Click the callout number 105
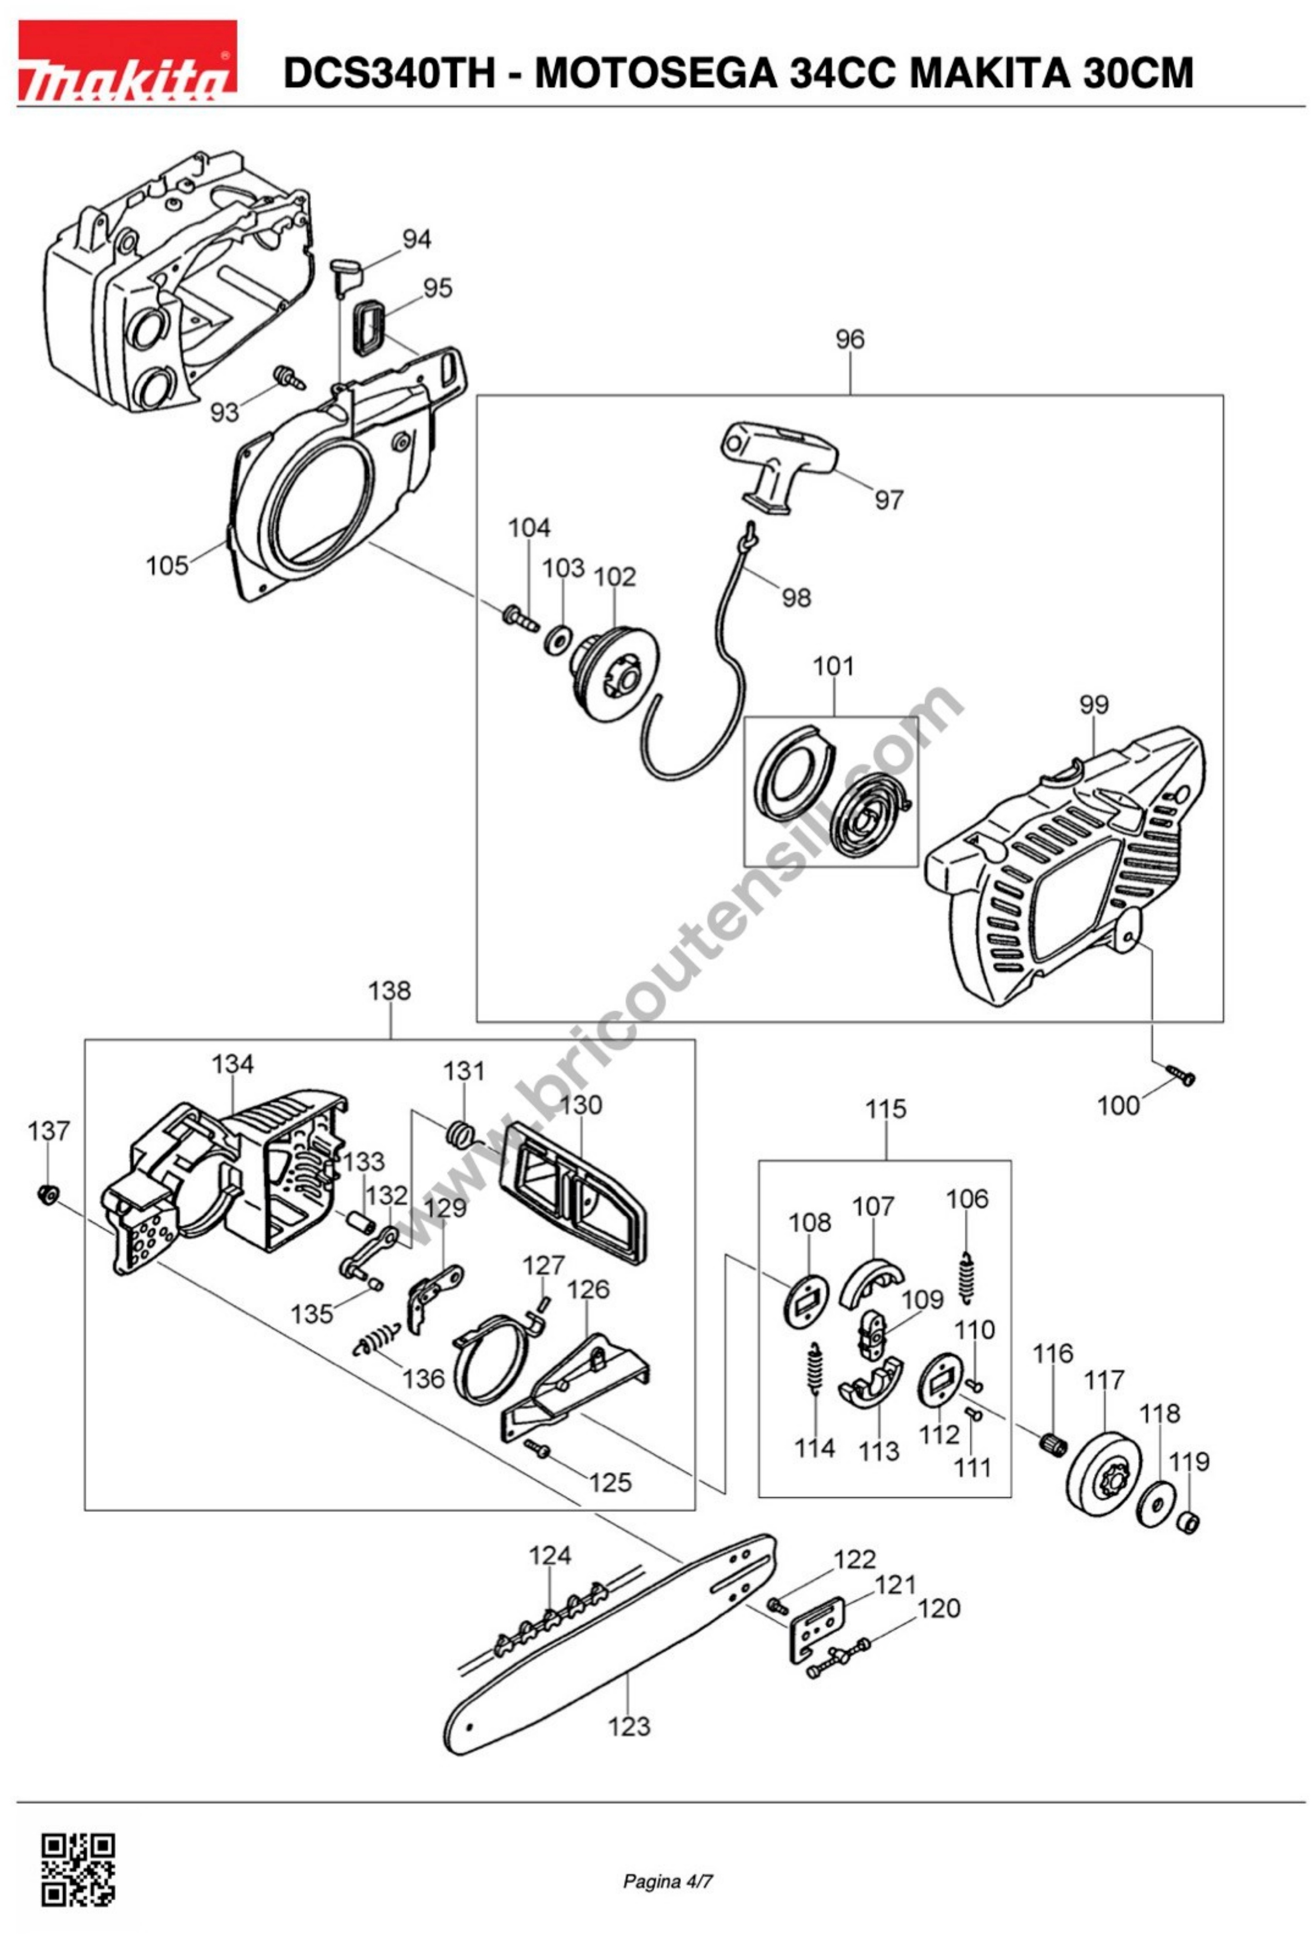167,566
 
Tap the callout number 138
389,991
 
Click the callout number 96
849,339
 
